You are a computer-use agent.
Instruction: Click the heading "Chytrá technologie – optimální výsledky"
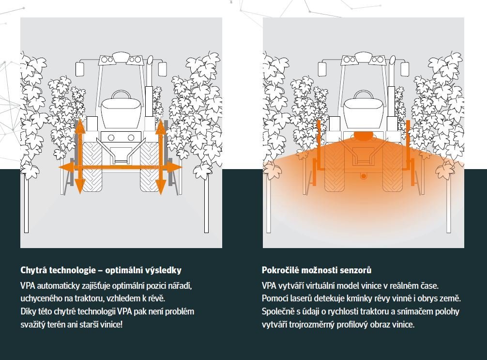(x=101, y=270)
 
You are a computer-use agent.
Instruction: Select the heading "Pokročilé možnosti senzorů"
(x=316, y=270)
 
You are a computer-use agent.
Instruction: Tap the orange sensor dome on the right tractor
(x=364, y=135)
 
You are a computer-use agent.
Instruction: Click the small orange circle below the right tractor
(x=364, y=176)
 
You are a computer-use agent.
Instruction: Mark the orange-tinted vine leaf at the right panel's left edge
(x=271, y=169)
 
